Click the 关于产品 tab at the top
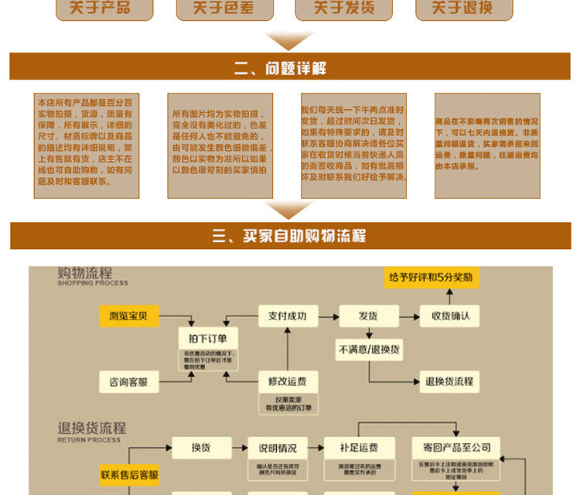[100, 8]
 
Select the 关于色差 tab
[225, 8]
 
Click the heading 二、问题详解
[290, 67]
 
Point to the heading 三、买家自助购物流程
[290, 236]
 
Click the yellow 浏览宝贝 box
[128, 316]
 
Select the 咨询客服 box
[128, 381]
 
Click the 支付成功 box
[288, 316]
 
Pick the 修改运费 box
[288, 381]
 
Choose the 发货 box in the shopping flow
[367, 316]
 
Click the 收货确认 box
[449, 316]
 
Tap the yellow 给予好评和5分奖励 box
[431, 277]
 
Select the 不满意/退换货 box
[369, 350]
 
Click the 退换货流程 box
[449, 381]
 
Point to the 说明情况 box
[278, 448]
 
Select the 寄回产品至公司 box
[452, 447]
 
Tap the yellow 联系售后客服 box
[128, 475]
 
